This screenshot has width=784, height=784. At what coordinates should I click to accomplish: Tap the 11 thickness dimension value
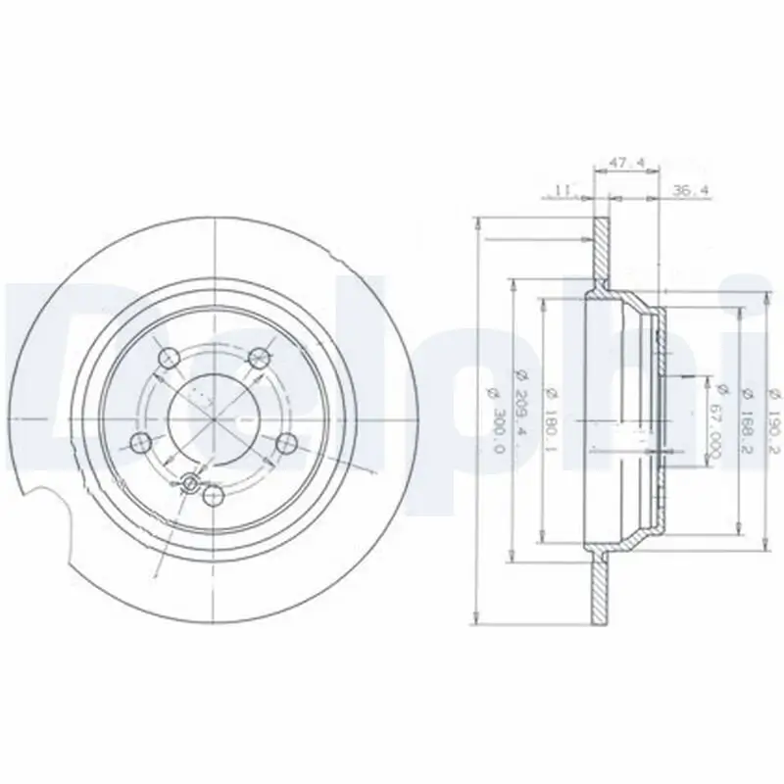[560, 192]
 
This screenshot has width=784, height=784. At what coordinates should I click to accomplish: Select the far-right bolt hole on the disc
[287, 443]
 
